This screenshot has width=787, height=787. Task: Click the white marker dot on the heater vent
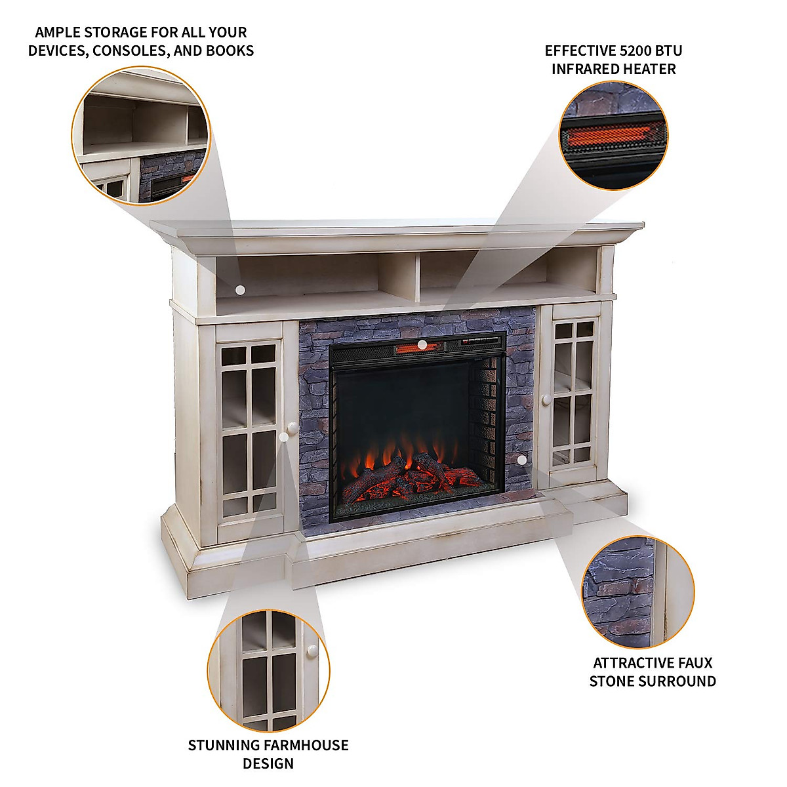coord(422,344)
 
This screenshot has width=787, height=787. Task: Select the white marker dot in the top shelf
coord(240,289)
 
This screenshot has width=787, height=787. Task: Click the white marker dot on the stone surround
coord(521,460)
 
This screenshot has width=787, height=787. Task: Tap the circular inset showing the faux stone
coord(638,592)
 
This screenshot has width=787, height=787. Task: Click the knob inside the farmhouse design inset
coord(312,651)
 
